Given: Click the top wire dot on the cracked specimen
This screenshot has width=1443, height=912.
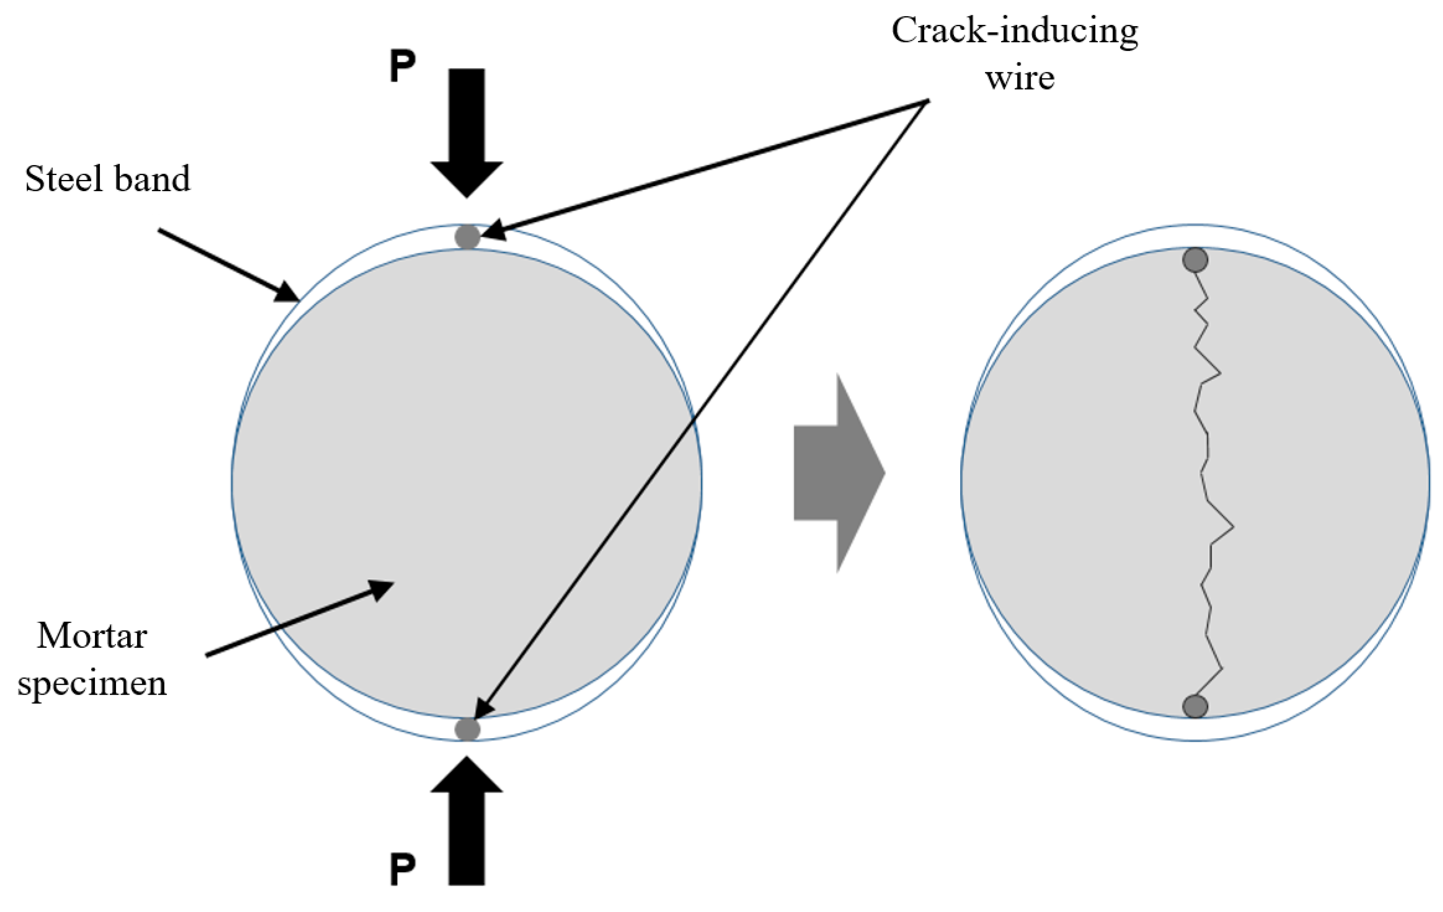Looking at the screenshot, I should [x=1195, y=260].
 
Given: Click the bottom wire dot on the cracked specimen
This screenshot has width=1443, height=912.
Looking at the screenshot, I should [x=1195, y=706].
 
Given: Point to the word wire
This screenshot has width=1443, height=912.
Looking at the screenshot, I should [x=1019, y=78].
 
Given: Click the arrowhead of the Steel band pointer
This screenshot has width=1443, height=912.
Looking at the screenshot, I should [x=288, y=294].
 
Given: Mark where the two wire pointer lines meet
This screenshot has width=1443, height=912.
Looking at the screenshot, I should [x=927, y=101].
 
